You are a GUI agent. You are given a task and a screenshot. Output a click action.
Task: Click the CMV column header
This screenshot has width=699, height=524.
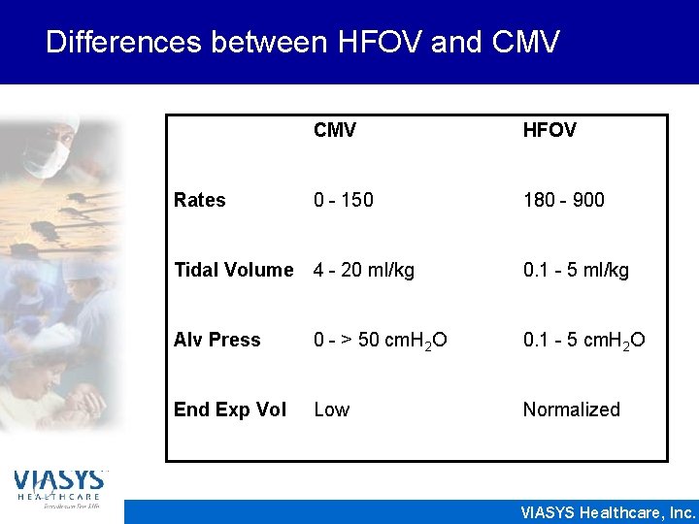[334, 130]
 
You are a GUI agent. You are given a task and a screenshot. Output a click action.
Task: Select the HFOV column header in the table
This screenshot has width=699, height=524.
[549, 130]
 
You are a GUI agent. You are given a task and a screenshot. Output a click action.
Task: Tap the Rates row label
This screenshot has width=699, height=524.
[199, 200]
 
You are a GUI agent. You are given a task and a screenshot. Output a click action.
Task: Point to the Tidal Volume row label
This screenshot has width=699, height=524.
[233, 270]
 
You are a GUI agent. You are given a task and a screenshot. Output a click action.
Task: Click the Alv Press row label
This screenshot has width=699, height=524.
[216, 340]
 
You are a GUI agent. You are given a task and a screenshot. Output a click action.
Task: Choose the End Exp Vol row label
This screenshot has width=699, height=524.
[229, 409]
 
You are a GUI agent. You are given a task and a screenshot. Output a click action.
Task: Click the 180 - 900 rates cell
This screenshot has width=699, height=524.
[563, 200]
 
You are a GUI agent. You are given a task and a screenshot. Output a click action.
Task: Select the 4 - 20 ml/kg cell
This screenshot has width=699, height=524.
[363, 270]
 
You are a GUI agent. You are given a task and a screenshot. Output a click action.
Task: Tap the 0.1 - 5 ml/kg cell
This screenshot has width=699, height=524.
[576, 270]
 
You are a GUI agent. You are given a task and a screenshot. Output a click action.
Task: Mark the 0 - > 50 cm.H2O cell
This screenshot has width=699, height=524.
[380, 341]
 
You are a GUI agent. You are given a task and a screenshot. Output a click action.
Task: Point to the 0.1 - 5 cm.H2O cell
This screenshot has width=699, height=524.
[583, 341]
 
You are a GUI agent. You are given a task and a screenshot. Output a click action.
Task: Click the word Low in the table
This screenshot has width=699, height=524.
[331, 409]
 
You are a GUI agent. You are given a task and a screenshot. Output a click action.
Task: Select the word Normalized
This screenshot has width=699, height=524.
[571, 409]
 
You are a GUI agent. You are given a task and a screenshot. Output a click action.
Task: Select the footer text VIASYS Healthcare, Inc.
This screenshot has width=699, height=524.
[608, 512]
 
